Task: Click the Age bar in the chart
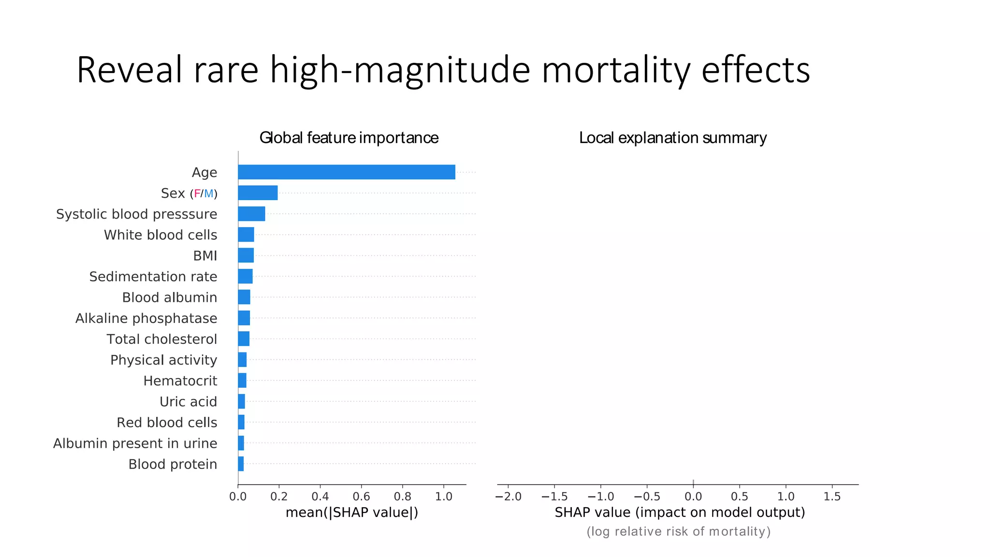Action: pos(346,172)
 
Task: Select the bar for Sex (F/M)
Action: pos(258,193)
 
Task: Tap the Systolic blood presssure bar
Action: pos(251,214)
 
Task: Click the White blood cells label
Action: pos(160,235)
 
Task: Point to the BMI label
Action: pos(205,256)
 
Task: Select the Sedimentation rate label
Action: pos(153,277)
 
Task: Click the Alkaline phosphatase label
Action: pos(146,318)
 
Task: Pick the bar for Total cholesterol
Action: pos(244,339)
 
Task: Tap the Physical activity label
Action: pos(163,360)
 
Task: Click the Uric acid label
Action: pos(188,402)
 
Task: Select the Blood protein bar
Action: pos(241,464)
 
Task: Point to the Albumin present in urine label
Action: pos(135,443)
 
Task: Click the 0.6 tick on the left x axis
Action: pos(361,497)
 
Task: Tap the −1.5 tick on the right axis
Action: pos(554,497)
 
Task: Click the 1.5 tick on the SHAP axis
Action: pos(832,497)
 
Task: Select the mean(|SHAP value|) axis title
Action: pos(352,513)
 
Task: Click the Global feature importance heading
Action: pos(349,138)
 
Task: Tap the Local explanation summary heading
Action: pos(672,138)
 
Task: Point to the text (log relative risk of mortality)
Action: pos(678,531)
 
